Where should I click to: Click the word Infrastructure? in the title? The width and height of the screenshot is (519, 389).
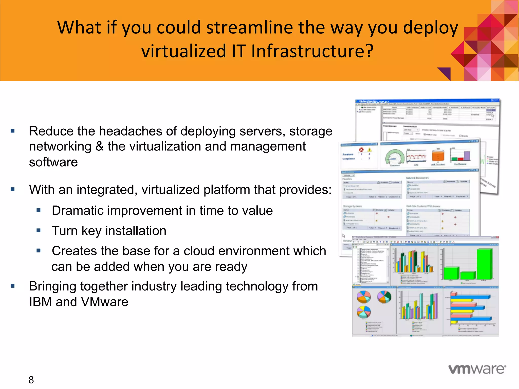(312, 51)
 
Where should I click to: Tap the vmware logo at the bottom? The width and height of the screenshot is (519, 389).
(477, 369)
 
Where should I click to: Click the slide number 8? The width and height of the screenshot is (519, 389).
(31, 380)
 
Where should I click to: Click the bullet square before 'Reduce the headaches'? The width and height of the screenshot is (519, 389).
(13, 131)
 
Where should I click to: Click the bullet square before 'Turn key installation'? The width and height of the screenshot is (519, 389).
(39, 230)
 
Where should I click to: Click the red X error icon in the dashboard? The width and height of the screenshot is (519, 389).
(361, 150)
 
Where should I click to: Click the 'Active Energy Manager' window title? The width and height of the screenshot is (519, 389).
(373, 102)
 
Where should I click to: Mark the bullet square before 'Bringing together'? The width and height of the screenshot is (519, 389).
(13, 286)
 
